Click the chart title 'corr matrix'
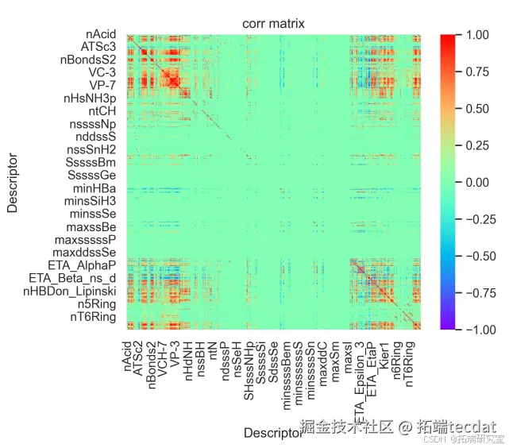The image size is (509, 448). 273,25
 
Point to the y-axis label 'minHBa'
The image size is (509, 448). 94,188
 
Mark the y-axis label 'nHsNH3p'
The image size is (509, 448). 90,98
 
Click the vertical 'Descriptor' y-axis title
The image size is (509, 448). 13,182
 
